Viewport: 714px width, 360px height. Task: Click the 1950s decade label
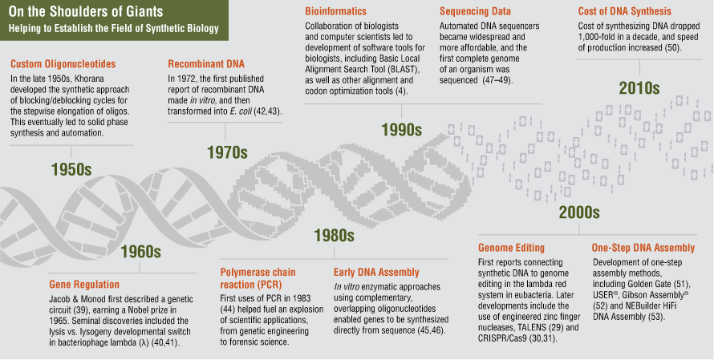[x=71, y=170]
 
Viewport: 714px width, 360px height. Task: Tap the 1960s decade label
[x=140, y=252]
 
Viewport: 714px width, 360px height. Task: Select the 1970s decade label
[x=227, y=152]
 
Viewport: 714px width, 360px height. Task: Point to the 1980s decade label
[x=334, y=235]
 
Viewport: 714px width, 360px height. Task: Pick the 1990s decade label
[x=402, y=130]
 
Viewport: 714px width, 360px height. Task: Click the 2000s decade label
[x=579, y=212]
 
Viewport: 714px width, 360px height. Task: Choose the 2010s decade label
[x=639, y=88]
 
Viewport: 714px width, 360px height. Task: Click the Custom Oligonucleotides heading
[x=63, y=63]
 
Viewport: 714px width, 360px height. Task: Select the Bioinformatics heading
[x=335, y=11]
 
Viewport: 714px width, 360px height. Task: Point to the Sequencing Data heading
[x=476, y=11]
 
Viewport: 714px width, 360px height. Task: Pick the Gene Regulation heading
[x=84, y=285]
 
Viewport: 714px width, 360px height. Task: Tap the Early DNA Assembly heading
[x=376, y=272]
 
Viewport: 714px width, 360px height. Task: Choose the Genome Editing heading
[x=511, y=248]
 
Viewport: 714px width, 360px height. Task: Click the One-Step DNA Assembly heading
[x=643, y=248]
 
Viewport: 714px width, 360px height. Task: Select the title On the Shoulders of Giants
[x=86, y=11]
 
